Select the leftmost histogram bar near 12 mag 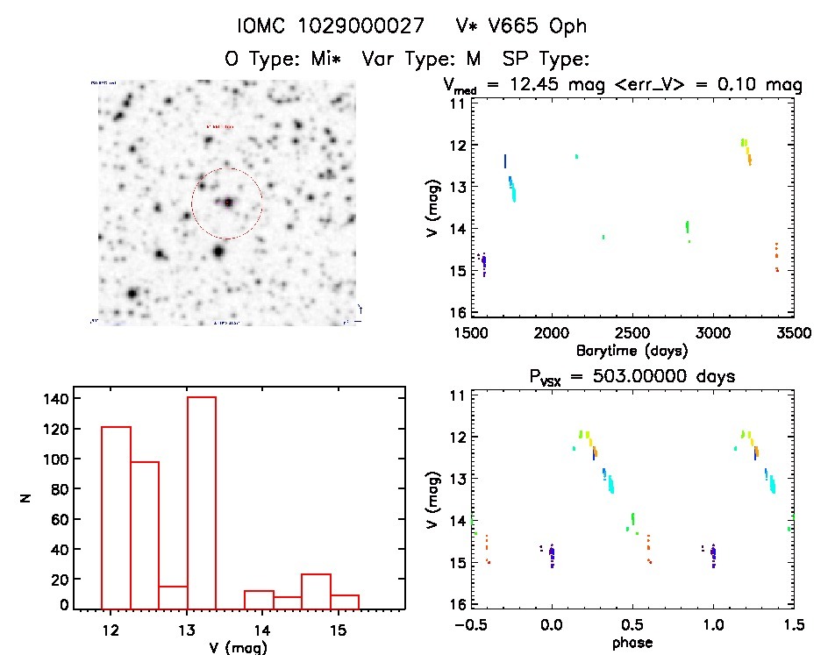tap(117, 516)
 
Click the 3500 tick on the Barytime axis tap(793, 333)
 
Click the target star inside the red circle tap(227, 203)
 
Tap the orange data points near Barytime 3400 tap(776, 257)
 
